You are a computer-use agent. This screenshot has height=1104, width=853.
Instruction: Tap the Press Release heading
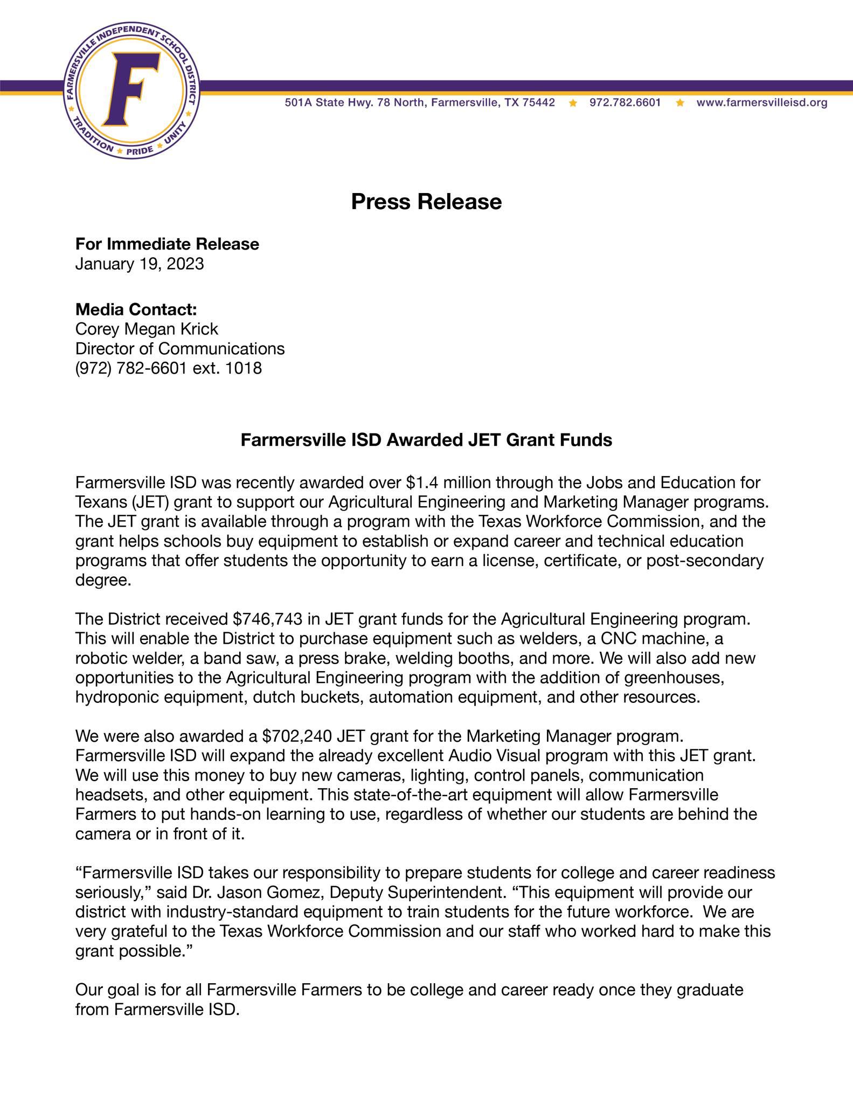[x=426, y=202]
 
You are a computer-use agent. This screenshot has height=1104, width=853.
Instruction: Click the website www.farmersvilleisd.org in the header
[x=762, y=102]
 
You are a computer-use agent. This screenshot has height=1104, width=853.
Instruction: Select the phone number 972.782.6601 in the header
[x=625, y=102]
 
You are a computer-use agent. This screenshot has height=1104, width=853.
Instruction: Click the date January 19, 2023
[x=140, y=264]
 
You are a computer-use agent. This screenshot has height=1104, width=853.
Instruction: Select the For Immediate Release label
[x=167, y=244]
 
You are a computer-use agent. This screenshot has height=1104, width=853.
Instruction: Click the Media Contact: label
[x=136, y=309]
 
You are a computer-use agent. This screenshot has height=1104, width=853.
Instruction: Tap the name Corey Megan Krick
[x=147, y=329]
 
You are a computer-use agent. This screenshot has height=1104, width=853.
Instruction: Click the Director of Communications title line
[x=180, y=349]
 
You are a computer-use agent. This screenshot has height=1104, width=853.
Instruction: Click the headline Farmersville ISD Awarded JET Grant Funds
[x=426, y=440]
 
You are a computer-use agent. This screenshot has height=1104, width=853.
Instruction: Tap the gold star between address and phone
[x=573, y=102]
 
